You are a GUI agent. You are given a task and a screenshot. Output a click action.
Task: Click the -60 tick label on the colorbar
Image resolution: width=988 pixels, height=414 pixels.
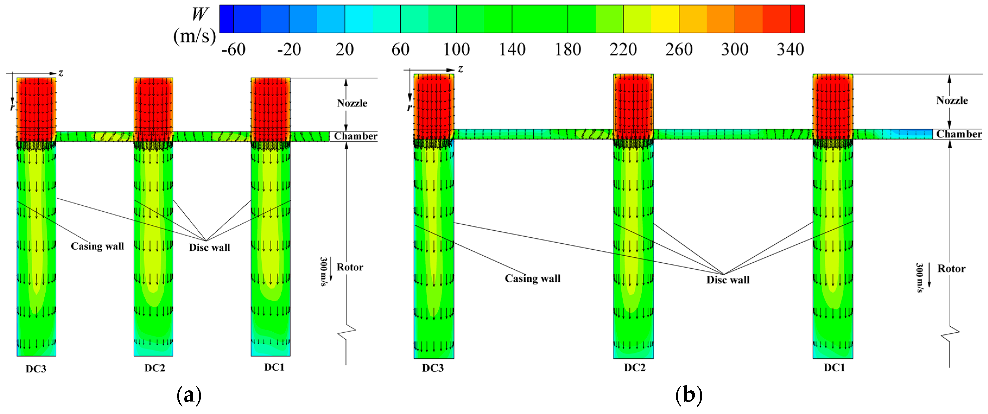pos(233,49)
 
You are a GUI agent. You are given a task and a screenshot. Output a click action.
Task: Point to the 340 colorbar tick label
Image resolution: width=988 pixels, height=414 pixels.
pos(790,49)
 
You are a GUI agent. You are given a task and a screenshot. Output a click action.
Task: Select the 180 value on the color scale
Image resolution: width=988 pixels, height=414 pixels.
pos(568,49)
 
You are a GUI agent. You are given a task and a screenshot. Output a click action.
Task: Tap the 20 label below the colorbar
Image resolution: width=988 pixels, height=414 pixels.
pos(344,49)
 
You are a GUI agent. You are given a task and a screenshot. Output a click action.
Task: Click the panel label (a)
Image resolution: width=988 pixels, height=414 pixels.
pos(189,395)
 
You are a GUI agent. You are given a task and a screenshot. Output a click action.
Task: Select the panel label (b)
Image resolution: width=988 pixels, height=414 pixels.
pos(689,395)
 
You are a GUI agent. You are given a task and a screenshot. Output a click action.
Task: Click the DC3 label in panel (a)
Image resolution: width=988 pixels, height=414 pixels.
pos(36,369)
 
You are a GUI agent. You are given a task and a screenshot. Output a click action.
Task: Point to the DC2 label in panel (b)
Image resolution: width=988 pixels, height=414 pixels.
pos(635,368)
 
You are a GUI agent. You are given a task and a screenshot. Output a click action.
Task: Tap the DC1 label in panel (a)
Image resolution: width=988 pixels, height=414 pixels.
pos(274,367)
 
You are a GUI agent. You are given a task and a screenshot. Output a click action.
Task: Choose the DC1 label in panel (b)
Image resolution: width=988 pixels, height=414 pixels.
pos(834,368)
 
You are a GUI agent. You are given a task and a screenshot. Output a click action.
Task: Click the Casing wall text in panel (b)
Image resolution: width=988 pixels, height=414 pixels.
pos(532,278)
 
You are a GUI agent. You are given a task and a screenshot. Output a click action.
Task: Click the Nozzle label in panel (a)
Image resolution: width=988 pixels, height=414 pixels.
pos(352,103)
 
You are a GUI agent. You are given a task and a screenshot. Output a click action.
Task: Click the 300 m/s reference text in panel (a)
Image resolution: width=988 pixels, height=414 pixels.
pos(323,271)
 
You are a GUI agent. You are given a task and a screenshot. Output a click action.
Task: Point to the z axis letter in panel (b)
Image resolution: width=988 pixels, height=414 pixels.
pos(461,69)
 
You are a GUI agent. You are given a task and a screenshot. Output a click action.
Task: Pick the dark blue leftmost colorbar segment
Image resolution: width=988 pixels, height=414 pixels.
pos(226,19)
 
